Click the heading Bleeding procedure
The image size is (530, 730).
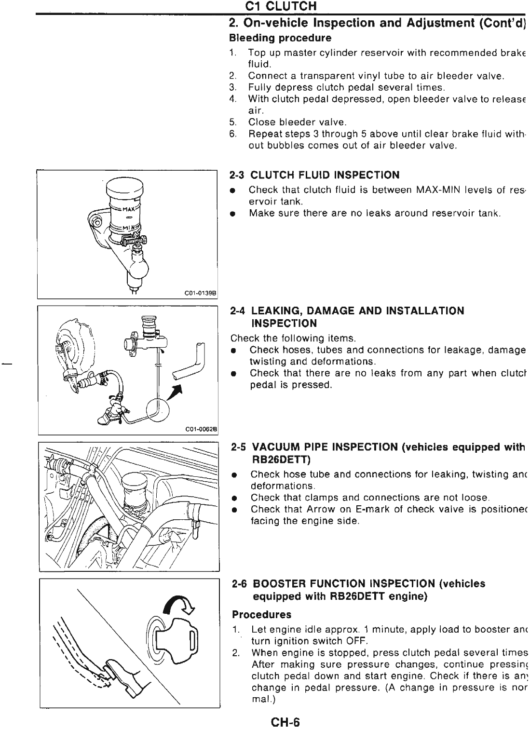click(280, 38)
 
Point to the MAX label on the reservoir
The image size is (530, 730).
click(129, 208)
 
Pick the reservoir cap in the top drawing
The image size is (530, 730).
click(125, 186)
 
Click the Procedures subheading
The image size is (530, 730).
click(261, 615)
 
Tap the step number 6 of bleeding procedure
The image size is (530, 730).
click(232, 134)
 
